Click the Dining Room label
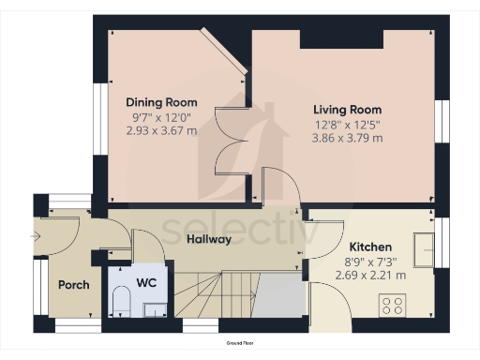pyautogui.click(x=161, y=102)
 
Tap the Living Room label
pyautogui.click(x=347, y=110)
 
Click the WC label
pyautogui.click(x=146, y=281)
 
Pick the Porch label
pyautogui.click(x=73, y=285)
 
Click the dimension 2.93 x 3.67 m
pyautogui.click(x=161, y=130)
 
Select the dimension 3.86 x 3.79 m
pyautogui.click(x=347, y=138)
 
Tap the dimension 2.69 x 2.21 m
pyautogui.click(x=370, y=276)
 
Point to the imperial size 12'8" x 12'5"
pyautogui.click(x=347, y=124)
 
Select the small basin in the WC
pyautogui.click(x=153, y=308)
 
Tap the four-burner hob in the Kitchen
pyautogui.click(x=392, y=305)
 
